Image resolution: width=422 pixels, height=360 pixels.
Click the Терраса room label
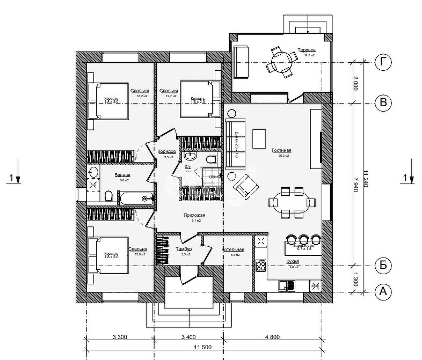(x=307, y=50)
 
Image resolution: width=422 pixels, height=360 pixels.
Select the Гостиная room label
(x=281, y=150)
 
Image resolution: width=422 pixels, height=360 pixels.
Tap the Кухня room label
(x=293, y=261)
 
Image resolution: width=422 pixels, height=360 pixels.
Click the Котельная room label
(x=234, y=250)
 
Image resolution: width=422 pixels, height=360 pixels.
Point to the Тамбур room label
(x=184, y=249)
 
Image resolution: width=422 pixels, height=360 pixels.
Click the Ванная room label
(x=123, y=175)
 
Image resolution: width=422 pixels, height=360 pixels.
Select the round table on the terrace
(x=280, y=63)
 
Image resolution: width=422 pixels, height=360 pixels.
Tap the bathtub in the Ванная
(x=136, y=199)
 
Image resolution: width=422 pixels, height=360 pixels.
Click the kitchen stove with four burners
(x=261, y=266)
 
